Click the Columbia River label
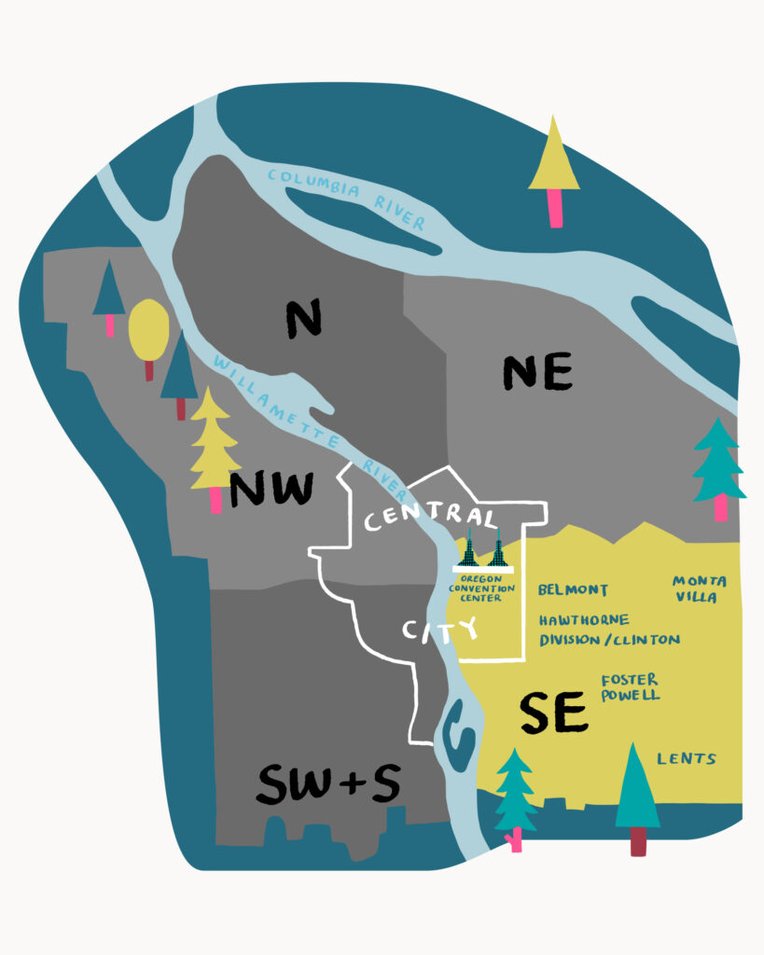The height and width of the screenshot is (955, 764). [x=345, y=198]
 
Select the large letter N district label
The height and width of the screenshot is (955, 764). [x=303, y=318]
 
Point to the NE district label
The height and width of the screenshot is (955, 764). [x=537, y=372]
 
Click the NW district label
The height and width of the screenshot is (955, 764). [x=271, y=489]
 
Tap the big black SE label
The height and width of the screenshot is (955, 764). [x=553, y=713]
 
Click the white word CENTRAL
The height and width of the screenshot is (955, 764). [x=430, y=517]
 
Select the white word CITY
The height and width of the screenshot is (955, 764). [x=439, y=630]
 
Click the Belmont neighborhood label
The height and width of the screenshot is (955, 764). [x=573, y=590]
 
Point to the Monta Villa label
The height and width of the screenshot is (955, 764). [x=700, y=588]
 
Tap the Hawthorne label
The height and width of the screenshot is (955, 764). [x=584, y=620]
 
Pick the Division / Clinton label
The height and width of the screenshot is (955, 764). [x=609, y=640]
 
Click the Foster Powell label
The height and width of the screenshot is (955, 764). [x=630, y=687]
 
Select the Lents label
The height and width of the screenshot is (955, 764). [x=686, y=758]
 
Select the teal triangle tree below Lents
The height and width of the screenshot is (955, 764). [x=637, y=793]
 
